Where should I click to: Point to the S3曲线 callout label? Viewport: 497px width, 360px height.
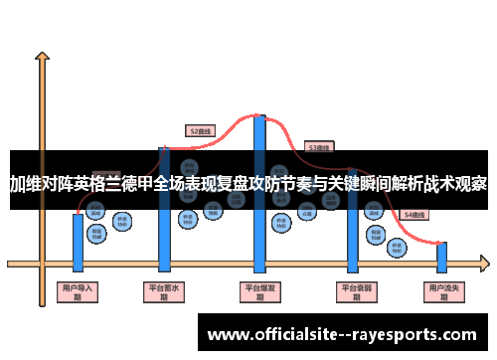[319, 147]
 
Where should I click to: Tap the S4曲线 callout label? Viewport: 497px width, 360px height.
[413, 214]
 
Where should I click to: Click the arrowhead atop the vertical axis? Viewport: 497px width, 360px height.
[41, 59]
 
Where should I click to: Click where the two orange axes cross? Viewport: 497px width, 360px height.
[41, 263]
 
